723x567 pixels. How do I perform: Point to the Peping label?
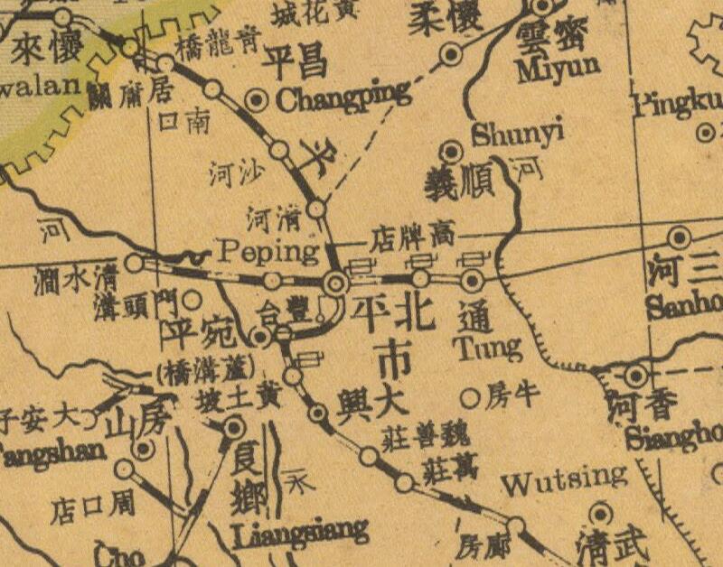269,250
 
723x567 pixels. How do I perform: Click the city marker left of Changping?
258,98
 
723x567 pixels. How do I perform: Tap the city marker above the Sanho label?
679,238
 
